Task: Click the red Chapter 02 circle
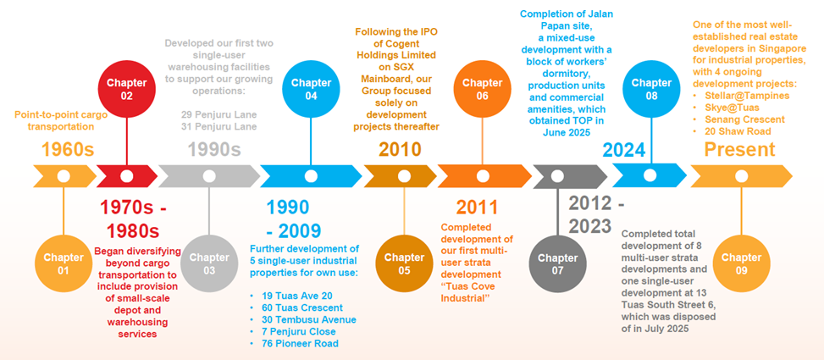point(127,89)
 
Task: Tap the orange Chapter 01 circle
point(64,263)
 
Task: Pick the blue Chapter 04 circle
point(311,89)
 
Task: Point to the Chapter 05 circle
point(404,263)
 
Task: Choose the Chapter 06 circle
point(483,89)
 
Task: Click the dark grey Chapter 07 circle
point(558,263)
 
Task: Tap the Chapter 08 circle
point(651,89)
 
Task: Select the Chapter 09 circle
point(741,263)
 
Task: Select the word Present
point(739,149)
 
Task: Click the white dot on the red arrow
point(127,176)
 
